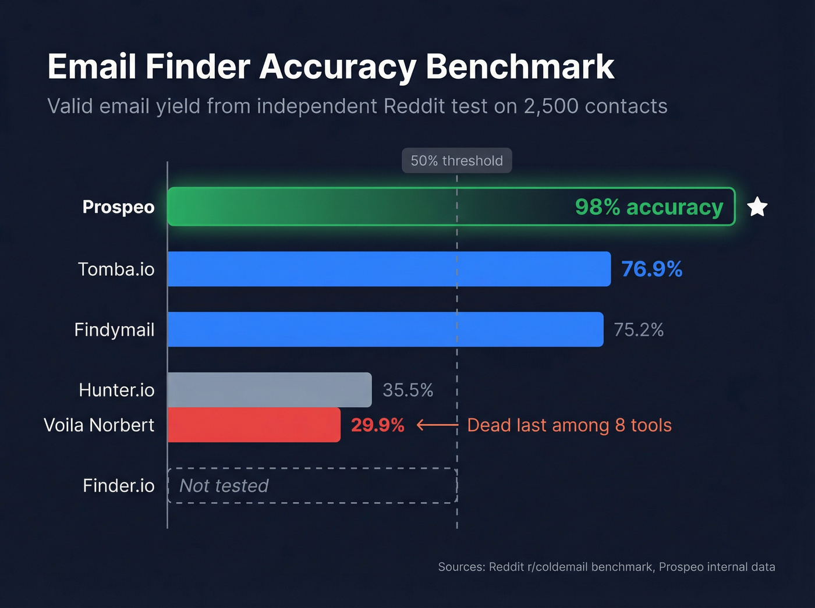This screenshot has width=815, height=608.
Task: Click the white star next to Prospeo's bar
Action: click(757, 207)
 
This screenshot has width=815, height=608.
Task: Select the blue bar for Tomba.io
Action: click(389, 269)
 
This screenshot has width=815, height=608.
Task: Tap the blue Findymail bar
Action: click(385, 329)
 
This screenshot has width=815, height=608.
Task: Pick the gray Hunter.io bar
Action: click(270, 390)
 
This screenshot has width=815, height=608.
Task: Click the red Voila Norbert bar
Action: click(254, 425)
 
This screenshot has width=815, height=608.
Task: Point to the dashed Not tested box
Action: click(312, 485)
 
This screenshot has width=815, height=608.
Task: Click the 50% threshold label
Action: click(456, 161)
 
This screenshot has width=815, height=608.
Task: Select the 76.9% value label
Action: click(651, 269)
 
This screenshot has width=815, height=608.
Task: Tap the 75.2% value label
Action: click(639, 330)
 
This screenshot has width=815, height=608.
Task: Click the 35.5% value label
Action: click(408, 390)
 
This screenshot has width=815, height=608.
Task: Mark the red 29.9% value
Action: click(377, 425)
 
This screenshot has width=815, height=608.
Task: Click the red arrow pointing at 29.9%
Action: click(437, 425)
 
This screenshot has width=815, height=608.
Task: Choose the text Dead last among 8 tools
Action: click(569, 425)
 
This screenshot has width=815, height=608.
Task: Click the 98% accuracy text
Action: click(649, 207)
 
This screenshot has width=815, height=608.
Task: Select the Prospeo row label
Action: click(118, 207)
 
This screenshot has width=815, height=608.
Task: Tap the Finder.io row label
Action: click(118, 485)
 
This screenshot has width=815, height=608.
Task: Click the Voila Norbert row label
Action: click(99, 425)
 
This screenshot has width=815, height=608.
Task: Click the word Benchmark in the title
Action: click(519, 66)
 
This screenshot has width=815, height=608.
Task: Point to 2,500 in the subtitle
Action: click(551, 106)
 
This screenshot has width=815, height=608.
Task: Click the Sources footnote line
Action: click(606, 567)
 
